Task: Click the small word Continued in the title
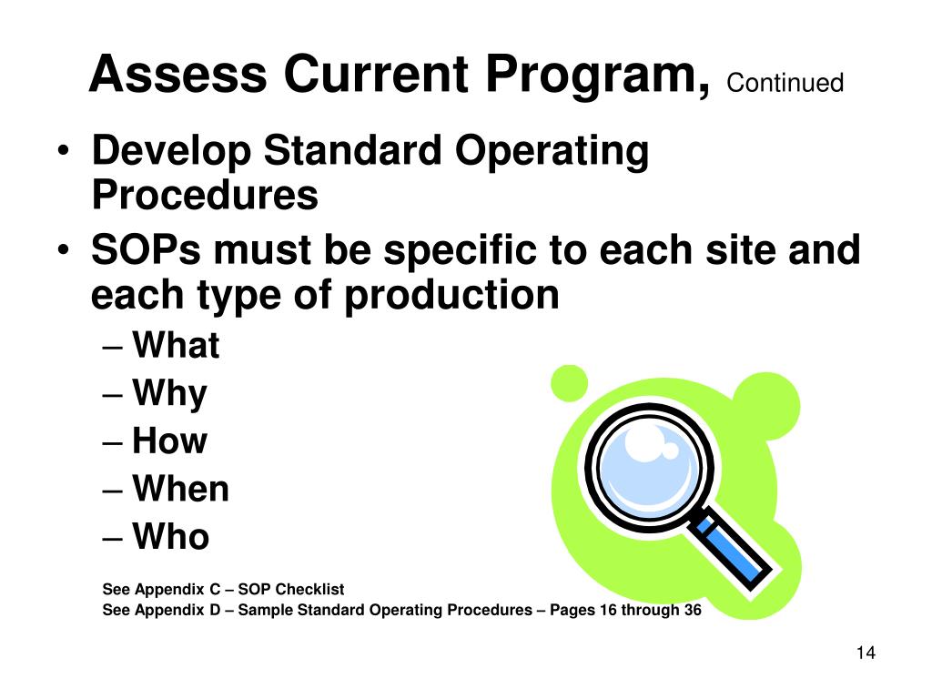[785, 84]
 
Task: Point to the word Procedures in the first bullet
[205, 195]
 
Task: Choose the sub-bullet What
[176, 346]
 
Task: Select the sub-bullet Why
[169, 394]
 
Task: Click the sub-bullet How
[169, 441]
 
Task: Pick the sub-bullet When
[180, 490]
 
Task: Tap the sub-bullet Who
[171, 537]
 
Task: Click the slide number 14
[865, 653]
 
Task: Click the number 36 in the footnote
[692, 610]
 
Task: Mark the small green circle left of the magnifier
[570, 382]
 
